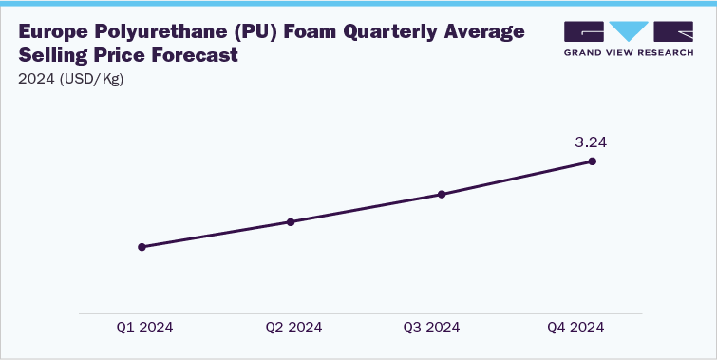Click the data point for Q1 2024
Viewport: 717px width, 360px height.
142,247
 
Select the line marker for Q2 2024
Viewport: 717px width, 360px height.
291,222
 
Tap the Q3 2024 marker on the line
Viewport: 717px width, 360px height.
442,195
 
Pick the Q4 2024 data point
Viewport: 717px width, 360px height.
593,161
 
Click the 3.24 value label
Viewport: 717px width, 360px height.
591,142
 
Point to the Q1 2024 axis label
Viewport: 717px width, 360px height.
144,327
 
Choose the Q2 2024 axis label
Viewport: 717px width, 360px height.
293,327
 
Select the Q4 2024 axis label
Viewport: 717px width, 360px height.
575,327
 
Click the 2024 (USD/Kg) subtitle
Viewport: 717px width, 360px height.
71,79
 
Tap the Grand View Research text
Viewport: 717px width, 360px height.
630,52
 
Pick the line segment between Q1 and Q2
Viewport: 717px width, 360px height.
217,235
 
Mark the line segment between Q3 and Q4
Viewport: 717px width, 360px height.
518,179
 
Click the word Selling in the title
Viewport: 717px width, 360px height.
53,56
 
